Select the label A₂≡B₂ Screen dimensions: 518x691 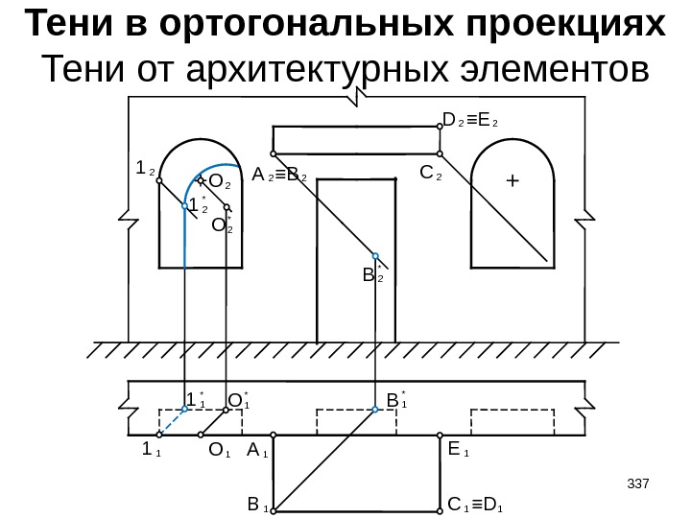pyautogui.click(x=279, y=177)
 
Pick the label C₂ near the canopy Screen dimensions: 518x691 pyautogui.click(x=431, y=176)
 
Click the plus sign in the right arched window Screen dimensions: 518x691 pyautogui.click(x=512, y=179)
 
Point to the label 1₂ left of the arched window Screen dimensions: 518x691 pyautogui.click(x=146, y=169)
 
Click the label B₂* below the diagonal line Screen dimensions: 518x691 pyautogui.click(x=372, y=276)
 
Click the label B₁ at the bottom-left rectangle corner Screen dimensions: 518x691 pyautogui.click(x=257, y=503)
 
